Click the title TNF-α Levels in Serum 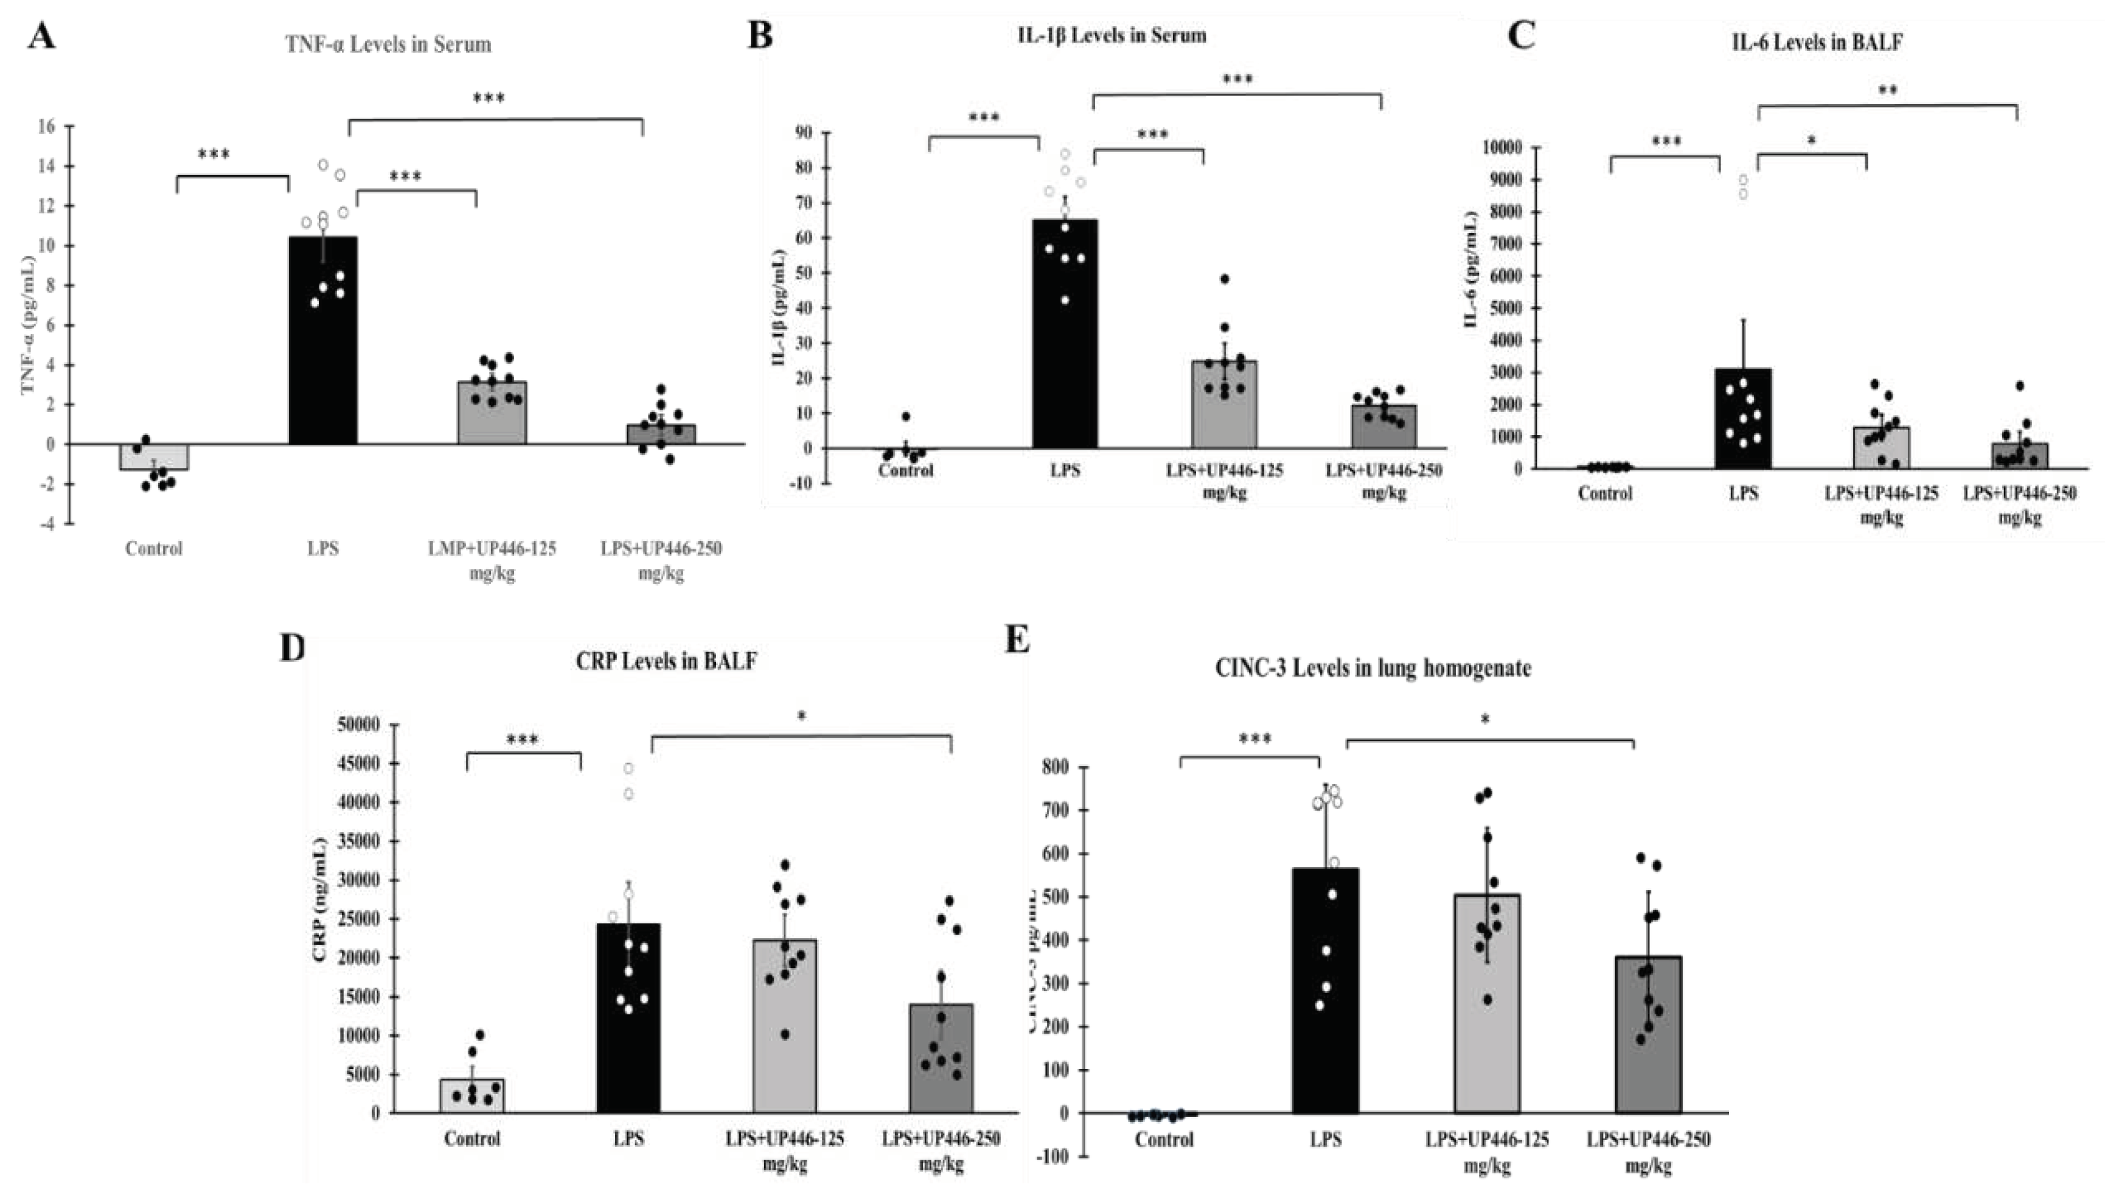pos(388,45)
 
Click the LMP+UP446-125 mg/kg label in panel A pos(492,560)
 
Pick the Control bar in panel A pos(154,457)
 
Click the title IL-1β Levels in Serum pos(1112,35)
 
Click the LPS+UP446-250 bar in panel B pos(1383,426)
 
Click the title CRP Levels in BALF pos(666,660)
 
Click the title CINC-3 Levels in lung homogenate pos(1373,668)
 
